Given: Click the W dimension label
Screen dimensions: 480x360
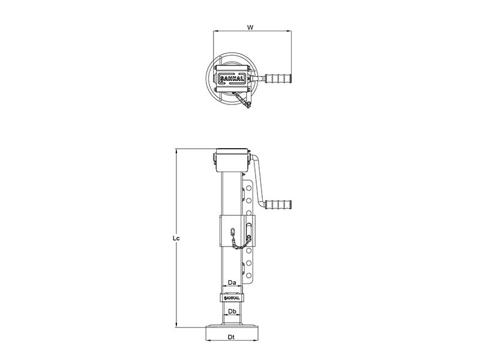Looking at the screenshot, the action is click(x=250, y=27).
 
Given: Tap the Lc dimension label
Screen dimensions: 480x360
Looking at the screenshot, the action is click(x=176, y=238).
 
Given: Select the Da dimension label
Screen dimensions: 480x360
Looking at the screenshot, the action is click(x=232, y=283).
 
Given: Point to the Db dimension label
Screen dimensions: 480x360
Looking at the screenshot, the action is click(x=232, y=311).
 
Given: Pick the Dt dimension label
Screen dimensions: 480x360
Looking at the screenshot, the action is click(x=232, y=337).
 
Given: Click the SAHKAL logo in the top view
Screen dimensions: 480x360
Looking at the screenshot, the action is click(x=232, y=79).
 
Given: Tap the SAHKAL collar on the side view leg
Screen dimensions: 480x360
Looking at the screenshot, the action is click(x=232, y=298).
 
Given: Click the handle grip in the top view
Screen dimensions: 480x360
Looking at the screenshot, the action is click(x=278, y=79).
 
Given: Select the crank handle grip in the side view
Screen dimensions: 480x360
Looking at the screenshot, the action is click(x=278, y=204).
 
